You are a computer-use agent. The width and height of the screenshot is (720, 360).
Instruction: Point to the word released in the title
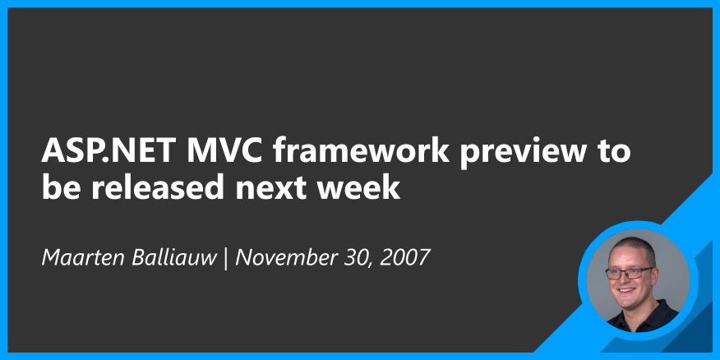[155, 188]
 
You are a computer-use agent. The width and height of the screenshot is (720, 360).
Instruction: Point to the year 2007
[404, 256]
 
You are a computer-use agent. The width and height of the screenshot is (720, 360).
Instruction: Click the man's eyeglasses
[629, 272]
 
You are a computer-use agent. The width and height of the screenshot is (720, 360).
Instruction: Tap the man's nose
[628, 279]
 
